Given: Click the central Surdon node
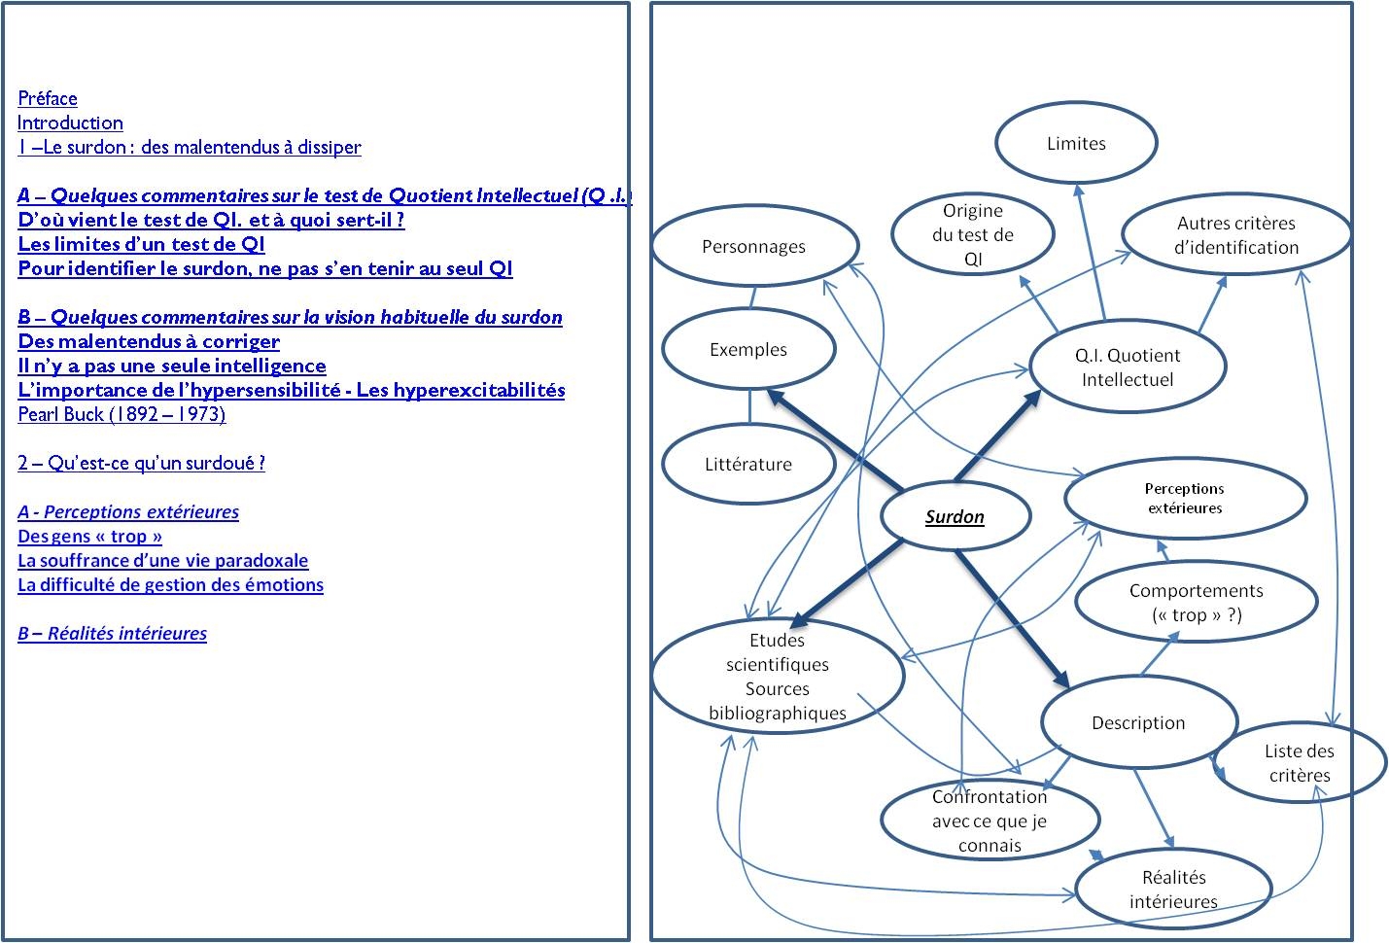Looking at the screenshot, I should (955, 516).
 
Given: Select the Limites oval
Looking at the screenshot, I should (1076, 143).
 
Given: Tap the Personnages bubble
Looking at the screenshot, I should (754, 246).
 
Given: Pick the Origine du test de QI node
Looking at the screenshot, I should (972, 234).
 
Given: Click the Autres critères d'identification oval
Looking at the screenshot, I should (1235, 235).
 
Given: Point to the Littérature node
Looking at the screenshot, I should (748, 464).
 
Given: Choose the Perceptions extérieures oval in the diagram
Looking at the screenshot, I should (1185, 498).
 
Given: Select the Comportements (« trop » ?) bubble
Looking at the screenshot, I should (1196, 602).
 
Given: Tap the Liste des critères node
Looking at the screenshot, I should (1300, 762).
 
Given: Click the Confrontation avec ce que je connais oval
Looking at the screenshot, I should (990, 821).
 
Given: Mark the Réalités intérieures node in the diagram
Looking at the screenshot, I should (1173, 889).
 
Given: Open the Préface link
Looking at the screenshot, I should (48, 98).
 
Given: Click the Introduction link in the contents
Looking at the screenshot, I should (70, 122).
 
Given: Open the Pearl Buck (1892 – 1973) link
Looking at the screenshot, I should (122, 414).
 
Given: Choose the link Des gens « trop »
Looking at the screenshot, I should (89, 536).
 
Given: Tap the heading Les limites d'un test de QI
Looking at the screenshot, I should (141, 244).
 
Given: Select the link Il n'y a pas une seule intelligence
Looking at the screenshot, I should (172, 366).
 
